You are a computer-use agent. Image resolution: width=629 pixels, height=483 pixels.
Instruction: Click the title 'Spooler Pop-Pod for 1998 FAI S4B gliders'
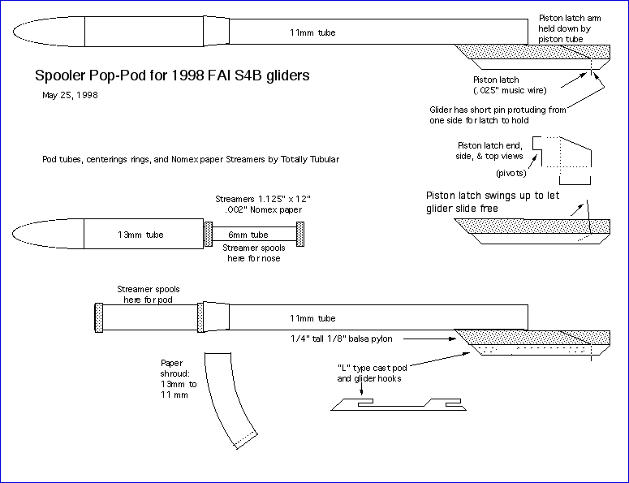(x=172, y=76)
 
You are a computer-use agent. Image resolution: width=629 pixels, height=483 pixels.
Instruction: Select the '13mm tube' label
(x=140, y=235)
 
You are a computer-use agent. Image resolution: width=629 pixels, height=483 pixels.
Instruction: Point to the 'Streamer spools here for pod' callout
(x=149, y=294)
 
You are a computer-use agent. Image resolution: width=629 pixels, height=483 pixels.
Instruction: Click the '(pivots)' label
(x=509, y=173)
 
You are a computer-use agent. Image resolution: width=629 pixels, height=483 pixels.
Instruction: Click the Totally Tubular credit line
(x=191, y=159)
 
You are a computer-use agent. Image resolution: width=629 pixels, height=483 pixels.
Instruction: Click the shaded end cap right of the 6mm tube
(x=301, y=235)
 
